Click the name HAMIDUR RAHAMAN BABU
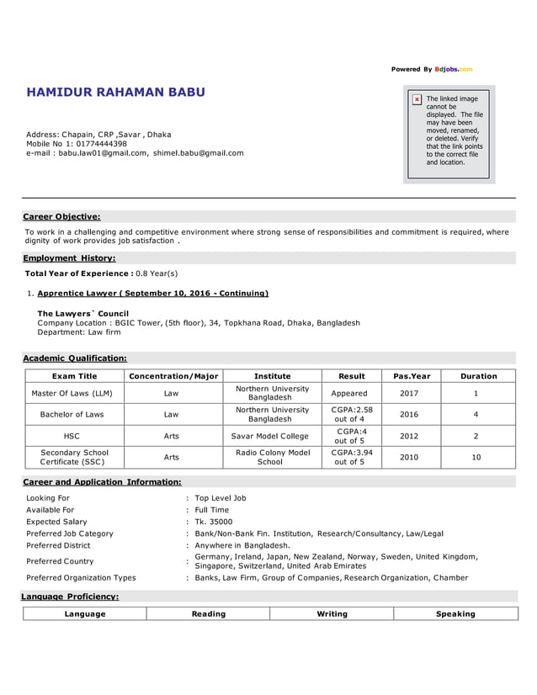pyautogui.click(x=115, y=92)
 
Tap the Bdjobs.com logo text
pyautogui.click(x=454, y=69)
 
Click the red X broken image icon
pyautogui.click(x=417, y=99)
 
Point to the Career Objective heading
pyautogui.click(x=61, y=216)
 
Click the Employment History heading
pyautogui.click(x=69, y=258)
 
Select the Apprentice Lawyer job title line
pyautogui.click(x=152, y=294)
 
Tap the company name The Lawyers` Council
pyautogui.click(x=82, y=313)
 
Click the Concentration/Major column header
pyautogui.click(x=171, y=376)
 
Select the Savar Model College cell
pyautogui.click(x=270, y=437)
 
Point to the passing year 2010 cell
pyautogui.click(x=408, y=457)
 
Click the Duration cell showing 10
pyautogui.click(x=476, y=457)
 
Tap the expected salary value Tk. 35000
pyautogui.click(x=215, y=522)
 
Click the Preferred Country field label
pyautogui.click(x=60, y=561)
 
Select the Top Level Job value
pyautogui.click(x=221, y=498)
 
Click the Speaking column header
pyautogui.click(x=455, y=613)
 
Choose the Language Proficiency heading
pyautogui.click(x=71, y=597)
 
